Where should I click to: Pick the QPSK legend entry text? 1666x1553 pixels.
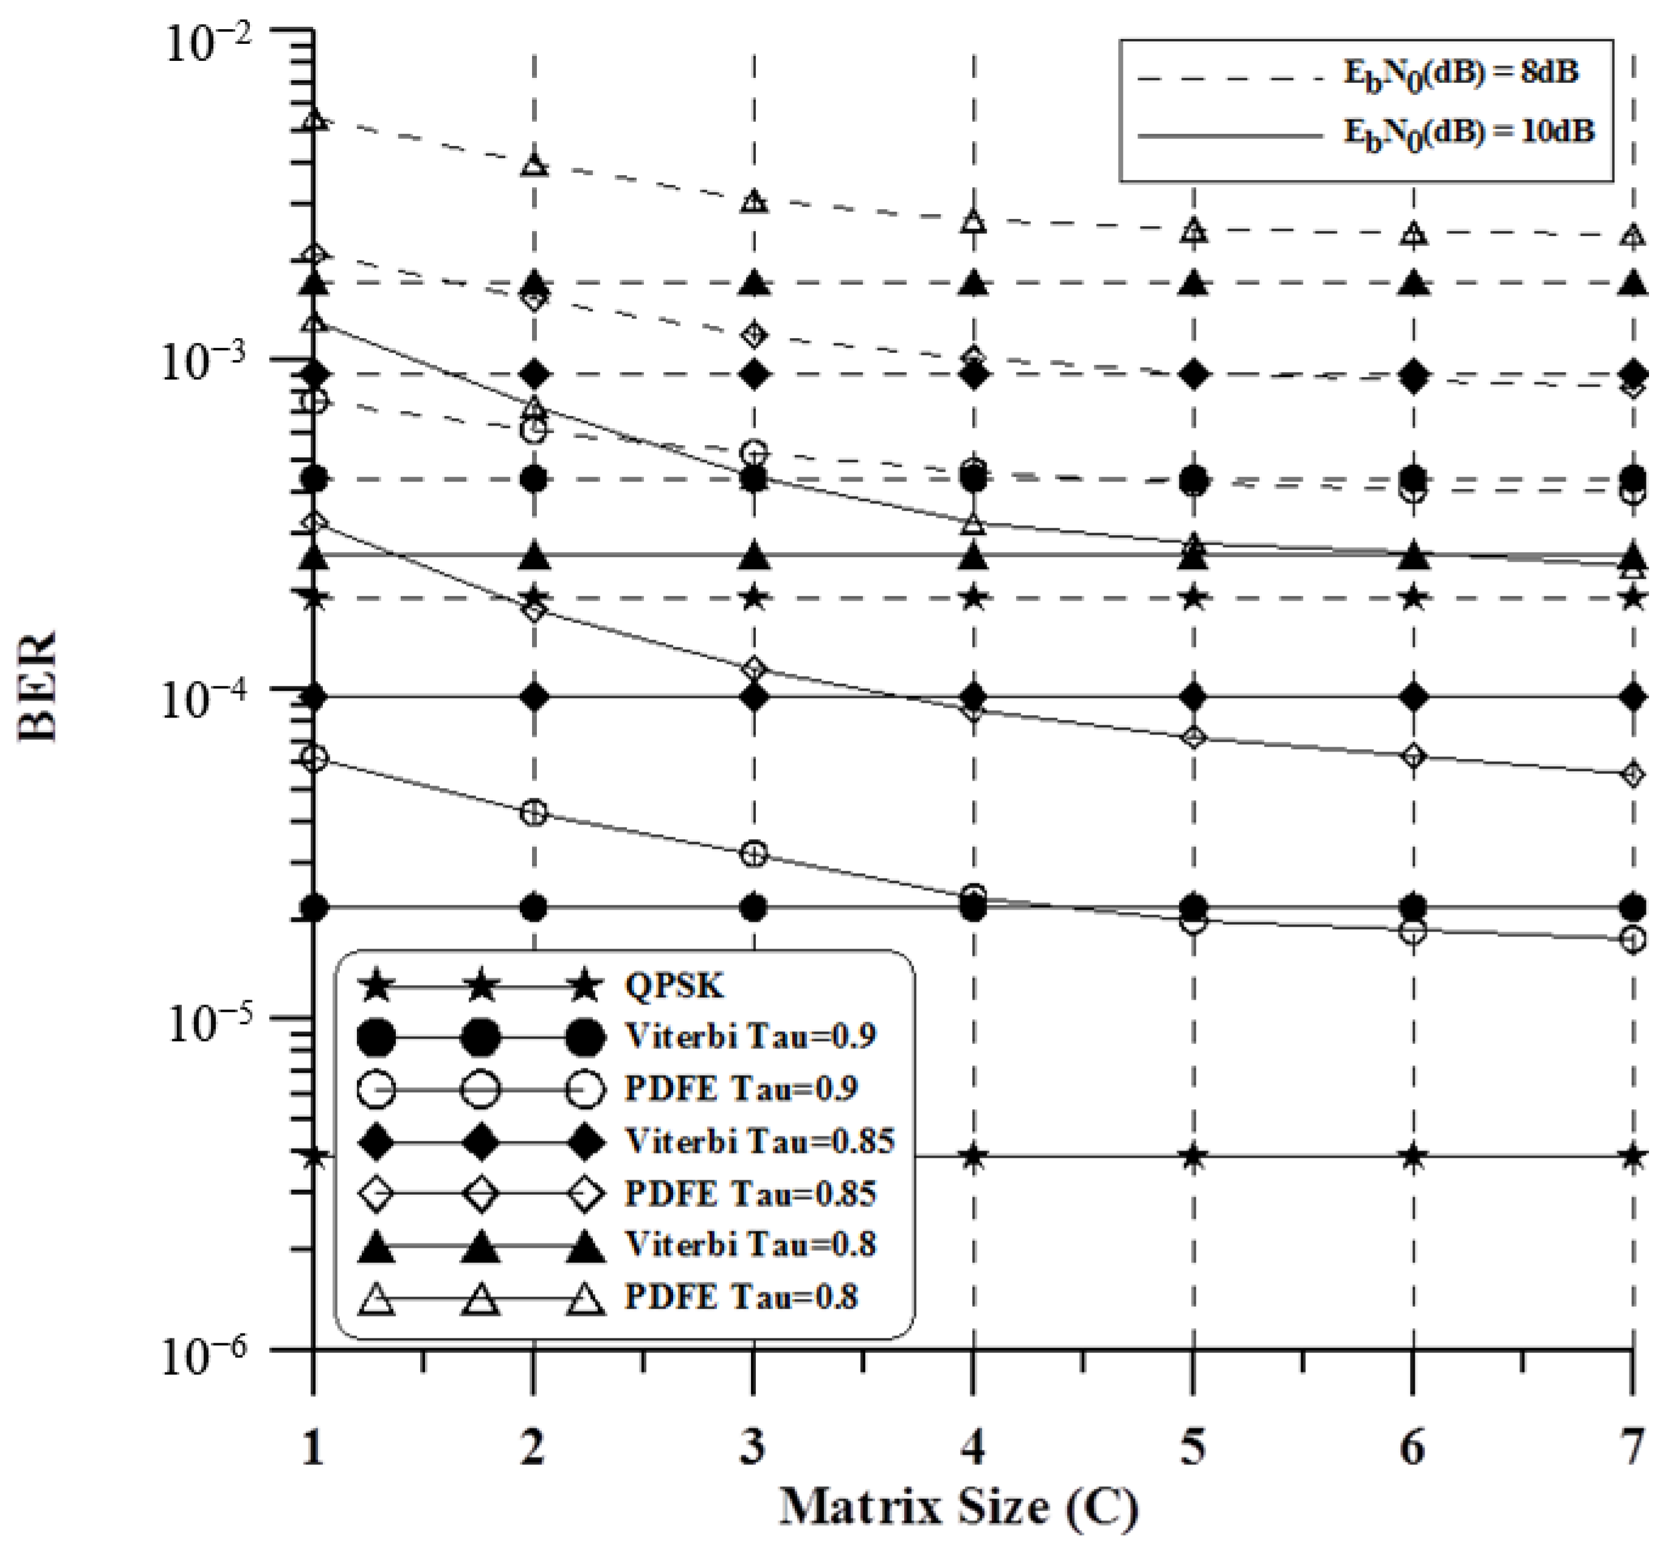674,986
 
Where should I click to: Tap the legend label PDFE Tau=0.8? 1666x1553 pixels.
742,1296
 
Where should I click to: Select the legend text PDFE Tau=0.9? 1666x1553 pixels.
742,1088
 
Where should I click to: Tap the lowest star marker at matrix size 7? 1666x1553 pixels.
1631,1157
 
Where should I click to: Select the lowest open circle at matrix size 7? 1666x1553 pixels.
1631,940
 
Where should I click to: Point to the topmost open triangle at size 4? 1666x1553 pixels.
973,221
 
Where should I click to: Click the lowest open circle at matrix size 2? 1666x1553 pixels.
534,813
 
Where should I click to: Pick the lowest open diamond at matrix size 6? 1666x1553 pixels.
1413,757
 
